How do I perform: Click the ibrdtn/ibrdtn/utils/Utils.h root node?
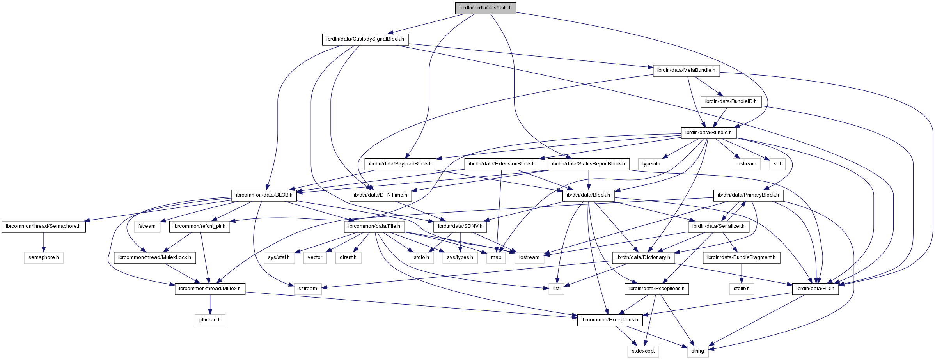point(485,8)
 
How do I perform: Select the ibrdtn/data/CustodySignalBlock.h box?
point(365,39)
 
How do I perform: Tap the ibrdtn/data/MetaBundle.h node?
point(686,70)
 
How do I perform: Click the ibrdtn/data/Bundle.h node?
point(708,133)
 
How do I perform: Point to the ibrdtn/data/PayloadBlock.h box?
point(400,164)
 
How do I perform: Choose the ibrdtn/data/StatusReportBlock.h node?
point(588,164)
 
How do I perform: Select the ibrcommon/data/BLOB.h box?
point(264,195)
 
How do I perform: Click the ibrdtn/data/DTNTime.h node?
point(380,195)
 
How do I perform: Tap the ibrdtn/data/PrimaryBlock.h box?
point(748,195)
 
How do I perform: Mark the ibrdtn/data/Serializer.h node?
point(719,226)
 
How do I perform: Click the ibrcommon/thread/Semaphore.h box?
point(43,226)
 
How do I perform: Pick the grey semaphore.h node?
point(43,257)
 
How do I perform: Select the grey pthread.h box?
point(210,320)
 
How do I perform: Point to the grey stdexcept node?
point(643,351)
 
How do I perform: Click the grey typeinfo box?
point(651,164)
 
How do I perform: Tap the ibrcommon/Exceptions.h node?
point(610,320)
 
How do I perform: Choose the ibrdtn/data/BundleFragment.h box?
point(741,257)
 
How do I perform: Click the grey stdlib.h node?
point(741,289)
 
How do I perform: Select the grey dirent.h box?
point(348,257)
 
